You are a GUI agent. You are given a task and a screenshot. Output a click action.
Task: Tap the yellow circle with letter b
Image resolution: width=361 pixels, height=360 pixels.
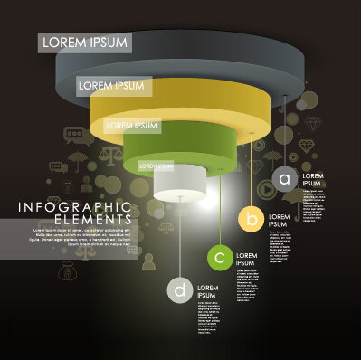[x=252, y=218]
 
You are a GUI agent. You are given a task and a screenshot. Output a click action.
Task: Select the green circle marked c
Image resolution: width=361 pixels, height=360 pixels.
[x=220, y=258]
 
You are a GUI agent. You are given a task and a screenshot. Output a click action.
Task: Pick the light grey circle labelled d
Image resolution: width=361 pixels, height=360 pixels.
[x=181, y=289]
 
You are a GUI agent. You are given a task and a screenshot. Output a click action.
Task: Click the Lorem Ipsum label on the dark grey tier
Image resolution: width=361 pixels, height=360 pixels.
[x=86, y=43]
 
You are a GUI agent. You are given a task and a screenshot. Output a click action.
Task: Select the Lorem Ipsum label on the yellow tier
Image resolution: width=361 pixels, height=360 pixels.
[x=113, y=86]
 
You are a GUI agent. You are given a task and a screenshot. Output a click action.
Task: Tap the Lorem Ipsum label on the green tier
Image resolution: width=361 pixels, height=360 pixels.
[x=132, y=125]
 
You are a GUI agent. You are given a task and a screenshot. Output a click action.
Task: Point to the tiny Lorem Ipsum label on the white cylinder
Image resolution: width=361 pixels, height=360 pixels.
[x=155, y=166]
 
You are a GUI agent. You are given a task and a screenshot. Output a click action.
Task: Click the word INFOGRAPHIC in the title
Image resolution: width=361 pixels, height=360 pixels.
[x=75, y=208]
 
